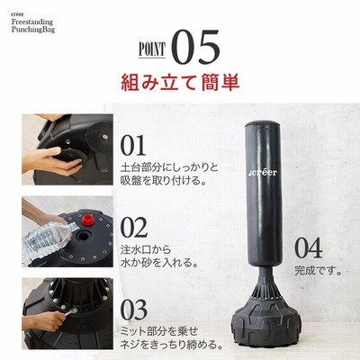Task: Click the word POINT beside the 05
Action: coord(152,49)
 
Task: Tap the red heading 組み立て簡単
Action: coord(180,83)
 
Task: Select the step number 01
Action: coord(133,145)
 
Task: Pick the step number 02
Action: coord(134,228)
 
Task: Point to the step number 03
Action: coord(134,310)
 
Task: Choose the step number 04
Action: coord(309,247)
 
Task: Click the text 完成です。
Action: coord(319,271)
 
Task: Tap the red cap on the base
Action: coord(87,220)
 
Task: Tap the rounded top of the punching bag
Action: coord(264,125)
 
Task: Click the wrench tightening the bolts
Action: coord(71,312)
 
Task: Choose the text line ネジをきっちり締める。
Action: coord(172,344)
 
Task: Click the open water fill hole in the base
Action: coord(83,236)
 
